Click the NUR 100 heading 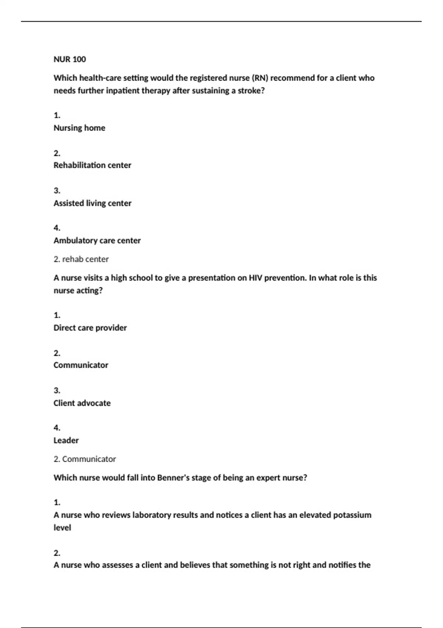tap(70, 59)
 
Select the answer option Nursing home tap(79, 128)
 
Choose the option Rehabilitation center tap(92, 165)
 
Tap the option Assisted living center tap(92, 203)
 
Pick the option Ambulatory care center tap(97, 240)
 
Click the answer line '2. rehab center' tap(81, 259)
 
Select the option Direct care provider tap(90, 328)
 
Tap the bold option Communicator tap(81, 365)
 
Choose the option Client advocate tap(82, 403)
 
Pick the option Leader tap(66, 440)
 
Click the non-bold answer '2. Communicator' tap(85, 459)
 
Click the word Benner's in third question tap(173, 478)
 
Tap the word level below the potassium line tap(62, 528)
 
